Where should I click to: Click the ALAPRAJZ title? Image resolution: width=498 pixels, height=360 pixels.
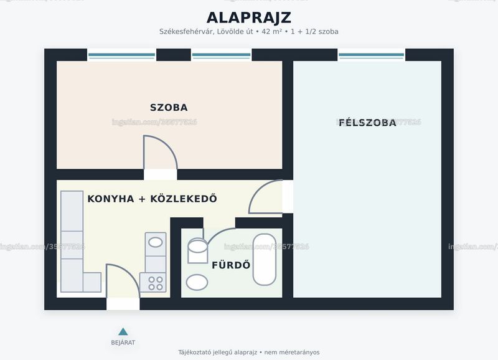(248, 18)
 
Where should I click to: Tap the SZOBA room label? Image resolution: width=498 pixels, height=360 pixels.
(169, 107)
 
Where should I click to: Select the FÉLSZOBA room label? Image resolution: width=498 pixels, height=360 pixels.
(367, 122)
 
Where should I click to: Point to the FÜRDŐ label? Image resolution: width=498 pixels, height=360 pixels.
(231, 265)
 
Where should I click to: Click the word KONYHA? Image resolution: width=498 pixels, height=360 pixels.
(111, 199)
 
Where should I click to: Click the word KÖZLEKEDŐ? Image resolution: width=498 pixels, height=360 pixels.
(184, 198)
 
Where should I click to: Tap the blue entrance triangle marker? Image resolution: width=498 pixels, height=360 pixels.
(123, 332)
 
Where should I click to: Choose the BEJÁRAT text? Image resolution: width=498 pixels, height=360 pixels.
(123, 343)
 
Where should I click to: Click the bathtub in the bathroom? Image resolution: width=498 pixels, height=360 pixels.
(264, 260)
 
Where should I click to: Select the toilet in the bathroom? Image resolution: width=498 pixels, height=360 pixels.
(197, 251)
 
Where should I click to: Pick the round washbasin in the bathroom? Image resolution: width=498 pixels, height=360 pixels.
(197, 282)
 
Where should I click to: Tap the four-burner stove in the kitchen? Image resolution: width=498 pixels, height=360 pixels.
(153, 283)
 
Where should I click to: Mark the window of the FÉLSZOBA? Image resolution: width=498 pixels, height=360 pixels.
(371, 55)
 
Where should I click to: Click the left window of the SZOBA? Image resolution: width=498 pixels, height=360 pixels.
(121, 55)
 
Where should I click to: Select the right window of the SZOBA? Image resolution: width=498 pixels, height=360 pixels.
(222, 55)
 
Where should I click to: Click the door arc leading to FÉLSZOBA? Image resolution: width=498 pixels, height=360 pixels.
(258, 190)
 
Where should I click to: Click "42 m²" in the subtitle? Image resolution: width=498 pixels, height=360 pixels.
(271, 32)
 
